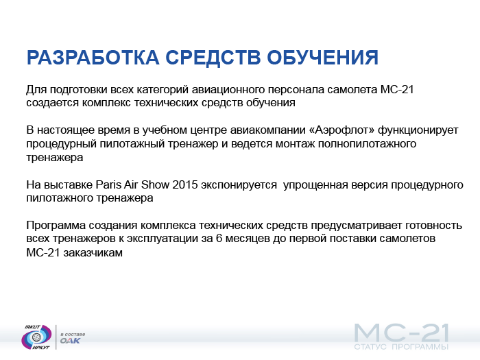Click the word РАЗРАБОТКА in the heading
click(x=93, y=57)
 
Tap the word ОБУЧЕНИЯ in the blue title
click(x=323, y=57)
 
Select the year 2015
click(x=185, y=185)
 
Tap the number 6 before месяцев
click(x=219, y=239)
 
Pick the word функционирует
click(x=418, y=131)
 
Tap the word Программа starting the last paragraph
click(x=56, y=226)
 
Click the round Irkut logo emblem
click(x=36, y=337)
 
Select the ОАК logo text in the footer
click(x=70, y=341)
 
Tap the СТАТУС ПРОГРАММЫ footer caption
click(x=401, y=347)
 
